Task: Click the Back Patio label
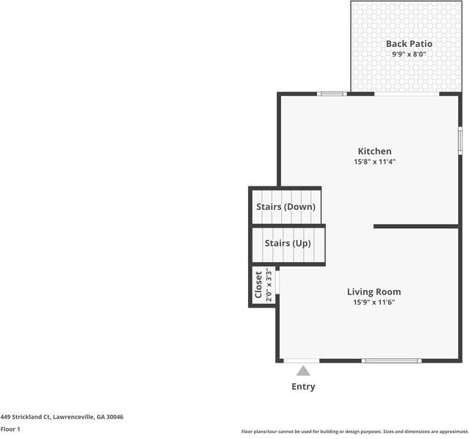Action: (x=409, y=44)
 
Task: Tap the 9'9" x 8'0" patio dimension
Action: (x=409, y=54)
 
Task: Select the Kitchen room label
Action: (x=374, y=151)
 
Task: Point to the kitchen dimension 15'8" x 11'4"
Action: (x=374, y=162)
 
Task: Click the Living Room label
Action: (x=374, y=291)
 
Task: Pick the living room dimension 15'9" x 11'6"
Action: (x=374, y=302)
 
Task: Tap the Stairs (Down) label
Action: (x=286, y=207)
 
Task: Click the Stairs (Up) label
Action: (x=288, y=243)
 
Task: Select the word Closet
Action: (x=258, y=285)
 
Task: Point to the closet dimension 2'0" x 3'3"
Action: (x=269, y=285)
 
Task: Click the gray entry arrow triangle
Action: (x=303, y=371)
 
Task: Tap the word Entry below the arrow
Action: (x=303, y=387)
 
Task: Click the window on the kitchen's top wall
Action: (x=332, y=94)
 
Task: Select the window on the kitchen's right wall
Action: (x=460, y=141)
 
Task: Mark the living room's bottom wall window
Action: (x=391, y=360)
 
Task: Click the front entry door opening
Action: (x=302, y=360)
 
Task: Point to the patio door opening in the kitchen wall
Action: (x=407, y=94)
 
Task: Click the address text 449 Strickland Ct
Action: (x=25, y=417)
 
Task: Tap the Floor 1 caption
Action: (x=10, y=429)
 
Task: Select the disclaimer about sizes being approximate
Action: (x=355, y=432)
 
